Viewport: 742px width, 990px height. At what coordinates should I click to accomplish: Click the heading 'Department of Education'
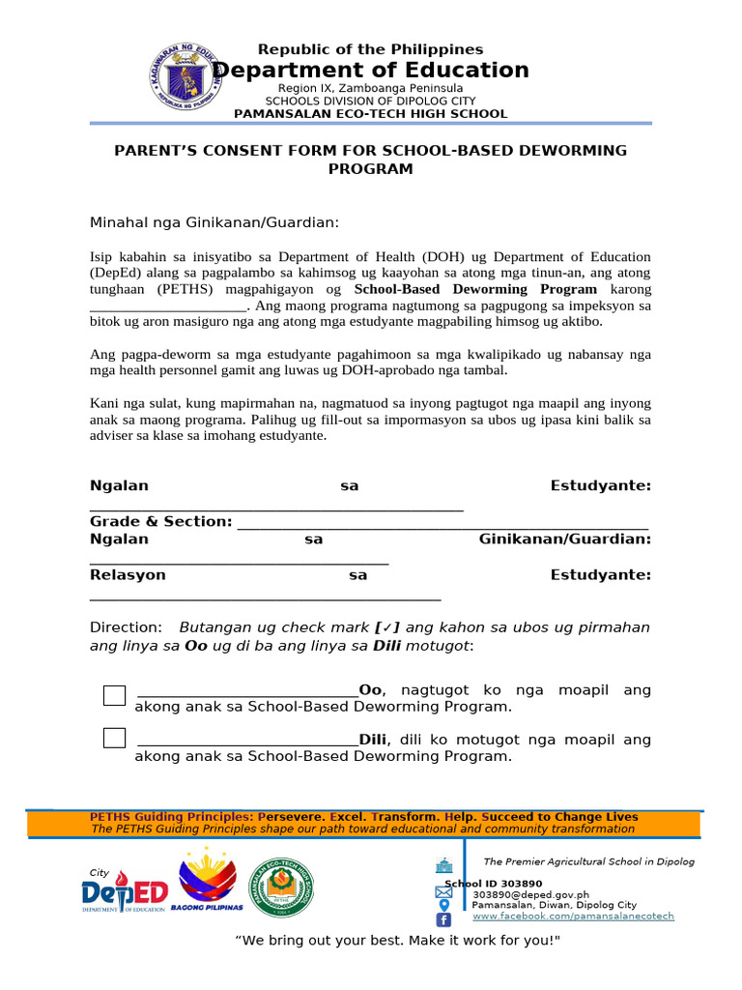coord(370,70)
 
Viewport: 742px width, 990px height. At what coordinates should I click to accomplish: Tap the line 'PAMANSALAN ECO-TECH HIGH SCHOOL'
coord(370,114)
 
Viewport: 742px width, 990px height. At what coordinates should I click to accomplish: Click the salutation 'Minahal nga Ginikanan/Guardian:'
coord(214,223)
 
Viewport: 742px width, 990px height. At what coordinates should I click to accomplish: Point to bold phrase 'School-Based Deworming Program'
coord(475,289)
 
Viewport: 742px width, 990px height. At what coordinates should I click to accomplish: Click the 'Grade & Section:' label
coord(160,522)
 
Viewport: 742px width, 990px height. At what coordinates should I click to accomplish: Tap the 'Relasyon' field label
coord(128,575)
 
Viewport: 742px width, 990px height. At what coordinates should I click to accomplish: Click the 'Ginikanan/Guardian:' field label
coord(564,539)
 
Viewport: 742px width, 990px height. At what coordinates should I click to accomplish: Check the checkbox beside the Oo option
coord(115,695)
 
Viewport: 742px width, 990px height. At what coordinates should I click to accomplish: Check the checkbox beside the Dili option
coord(115,739)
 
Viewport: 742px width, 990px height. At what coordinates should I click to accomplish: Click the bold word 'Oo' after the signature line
coord(370,690)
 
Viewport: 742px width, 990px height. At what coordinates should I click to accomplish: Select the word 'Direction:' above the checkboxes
coord(126,627)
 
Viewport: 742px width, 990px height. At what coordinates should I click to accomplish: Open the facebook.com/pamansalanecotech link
coord(572,916)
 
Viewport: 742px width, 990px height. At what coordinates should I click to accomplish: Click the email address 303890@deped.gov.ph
coord(529,894)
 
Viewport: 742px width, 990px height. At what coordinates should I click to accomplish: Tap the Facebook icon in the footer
coord(443,919)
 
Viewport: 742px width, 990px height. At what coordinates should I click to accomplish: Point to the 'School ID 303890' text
coord(494,884)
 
